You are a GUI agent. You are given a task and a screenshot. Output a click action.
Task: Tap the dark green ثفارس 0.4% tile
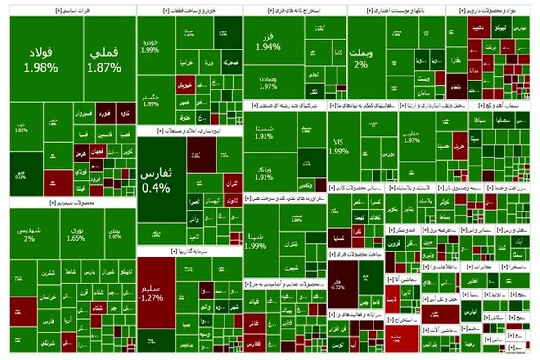[162, 180]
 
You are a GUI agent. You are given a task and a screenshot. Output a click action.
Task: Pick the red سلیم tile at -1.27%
[156, 292]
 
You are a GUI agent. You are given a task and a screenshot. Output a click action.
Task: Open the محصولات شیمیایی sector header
[73, 203]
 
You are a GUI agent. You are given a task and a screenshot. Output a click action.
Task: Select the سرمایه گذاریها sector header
[190, 251]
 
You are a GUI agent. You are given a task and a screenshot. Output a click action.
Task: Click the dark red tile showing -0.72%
[342, 283]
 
